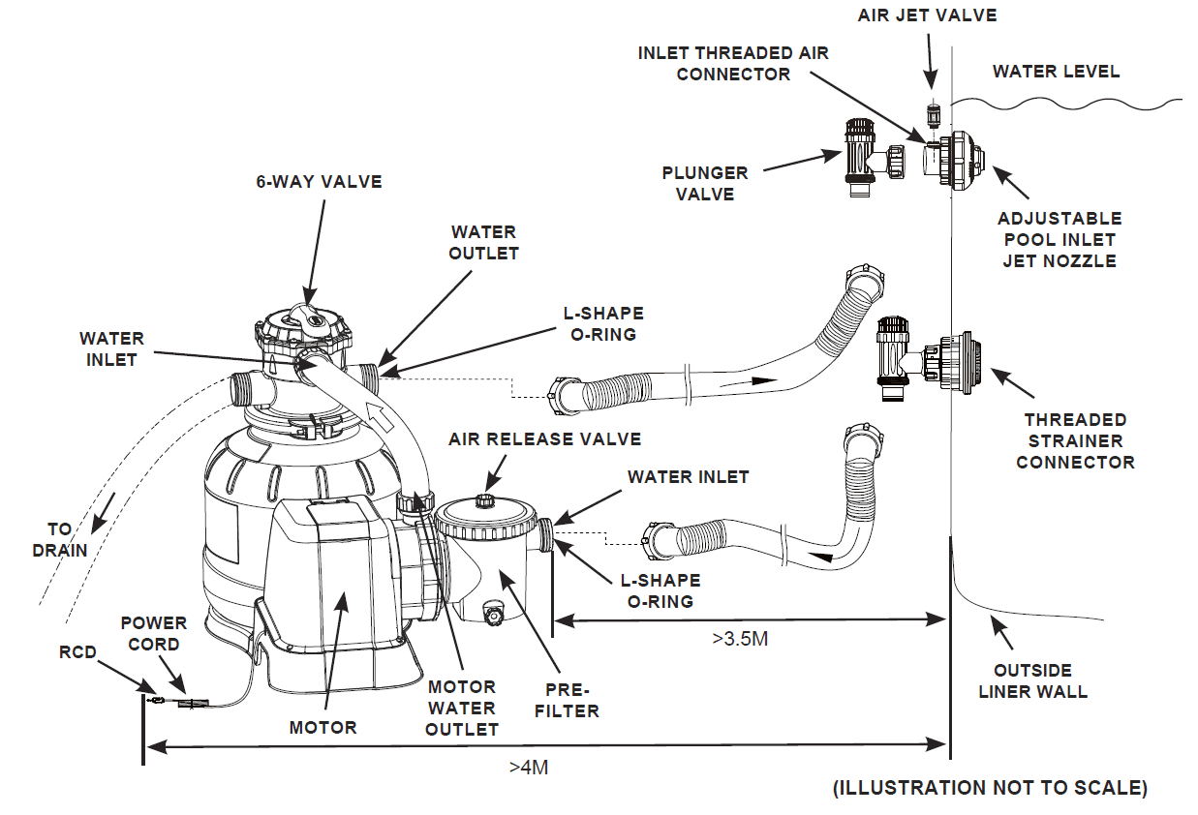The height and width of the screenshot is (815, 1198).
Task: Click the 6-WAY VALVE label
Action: tap(319, 181)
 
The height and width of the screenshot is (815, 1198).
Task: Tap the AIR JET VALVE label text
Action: tap(927, 15)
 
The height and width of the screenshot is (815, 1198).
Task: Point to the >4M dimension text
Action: tap(529, 767)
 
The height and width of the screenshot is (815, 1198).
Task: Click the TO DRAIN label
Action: tap(60, 540)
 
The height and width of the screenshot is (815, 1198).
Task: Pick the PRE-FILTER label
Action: tap(568, 700)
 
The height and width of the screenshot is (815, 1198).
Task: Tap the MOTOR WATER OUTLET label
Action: tap(462, 709)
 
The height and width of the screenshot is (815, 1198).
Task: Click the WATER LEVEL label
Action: tap(1056, 72)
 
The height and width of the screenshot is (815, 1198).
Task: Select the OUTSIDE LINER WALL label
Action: tap(1032, 680)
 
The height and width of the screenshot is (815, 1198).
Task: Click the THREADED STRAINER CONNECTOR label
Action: tap(1075, 440)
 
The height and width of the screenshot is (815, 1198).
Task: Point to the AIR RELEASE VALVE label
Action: tap(544, 439)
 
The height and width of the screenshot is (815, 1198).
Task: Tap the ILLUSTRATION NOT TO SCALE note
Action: tap(990, 788)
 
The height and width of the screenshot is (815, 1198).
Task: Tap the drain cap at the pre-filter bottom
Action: tap(494, 615)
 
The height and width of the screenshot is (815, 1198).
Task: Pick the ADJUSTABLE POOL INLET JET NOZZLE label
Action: tap(1060, 239)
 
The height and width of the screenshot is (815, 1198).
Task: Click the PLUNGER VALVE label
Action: tap(704, 183)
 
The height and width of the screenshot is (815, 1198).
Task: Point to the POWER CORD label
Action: tap(150, 633)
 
